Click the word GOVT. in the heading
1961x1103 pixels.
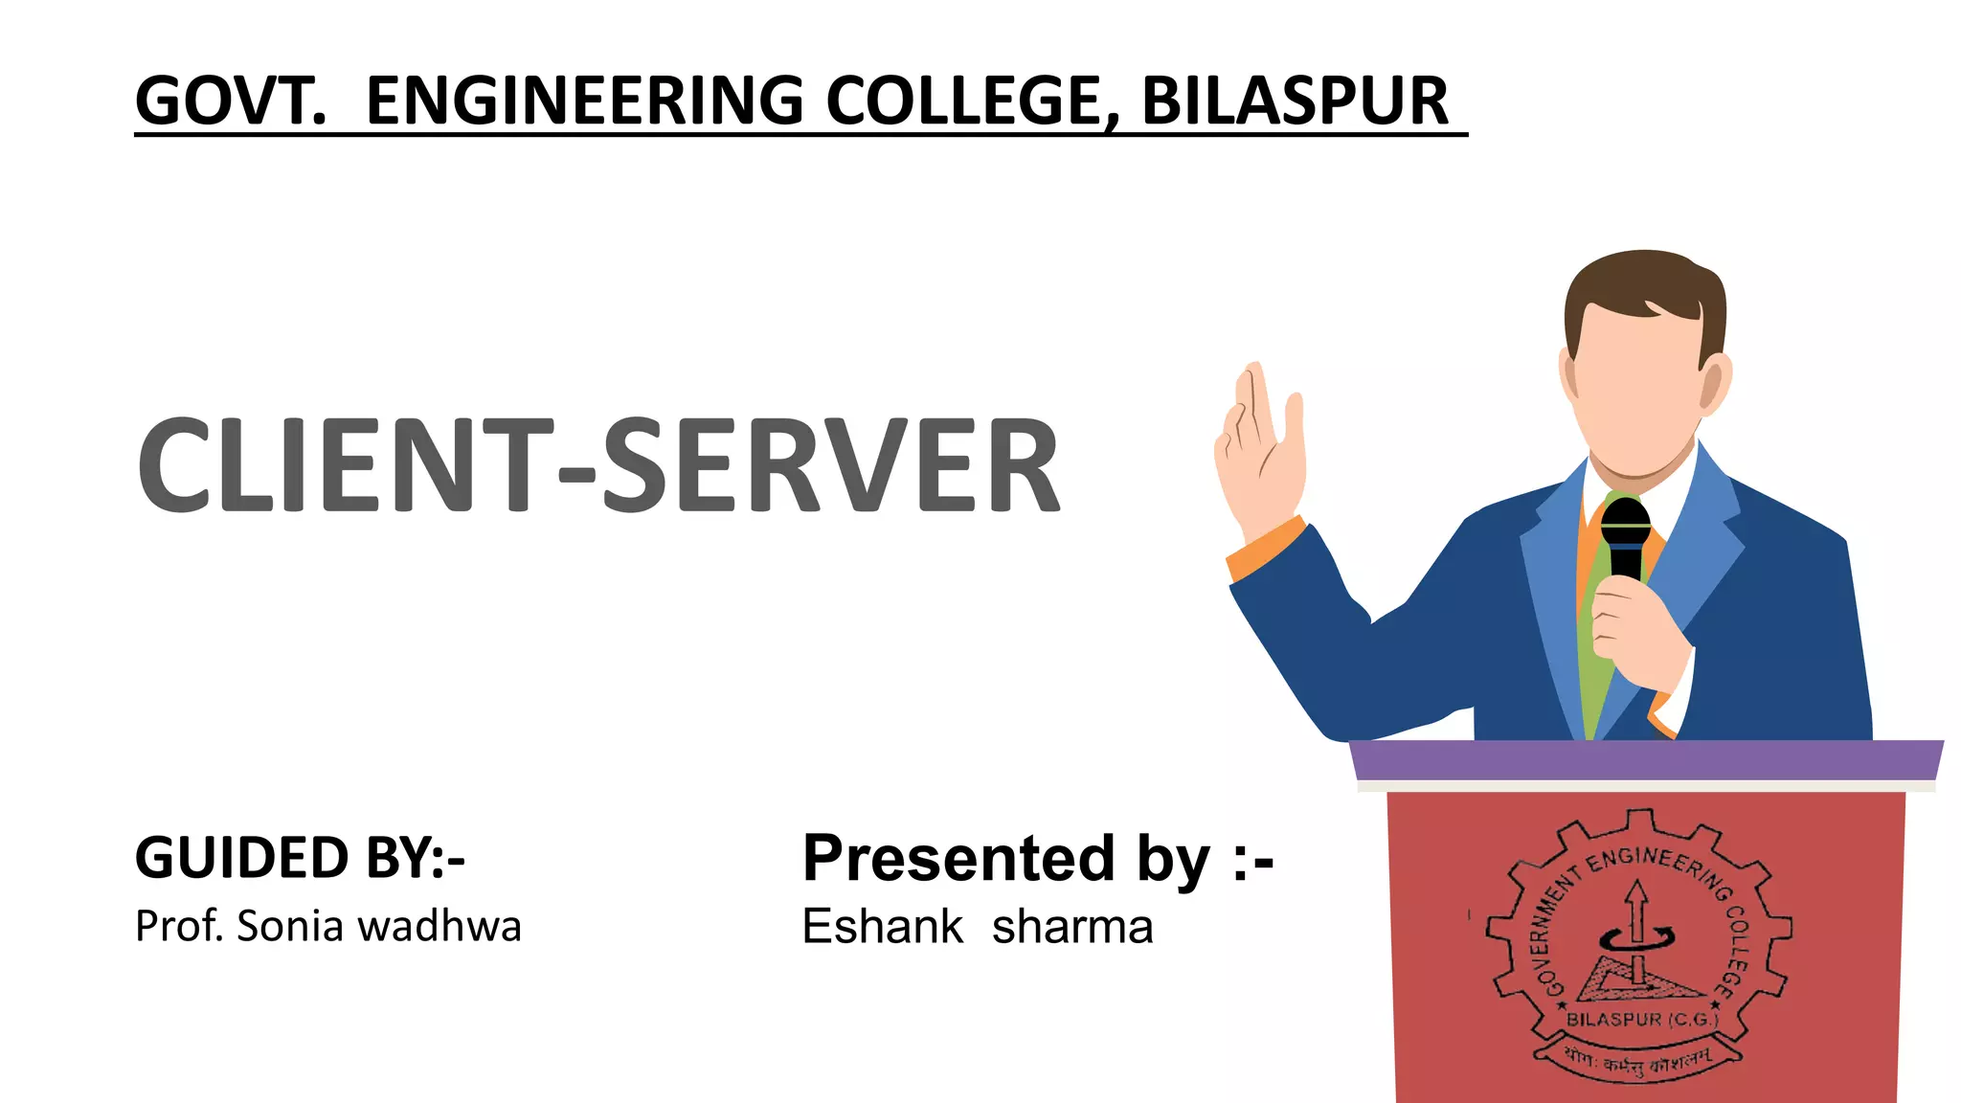click(x=230, y=101)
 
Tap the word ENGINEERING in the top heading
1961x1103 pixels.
click(x=585, y=101)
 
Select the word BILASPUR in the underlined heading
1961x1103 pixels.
click(x=1296, y=101)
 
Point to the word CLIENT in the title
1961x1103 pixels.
click(x=346, y=465)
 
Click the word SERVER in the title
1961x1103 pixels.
click(x=830, y=465)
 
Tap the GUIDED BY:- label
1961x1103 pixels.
click(x=300, y=857)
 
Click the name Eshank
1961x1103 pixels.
click(x=882, y=927)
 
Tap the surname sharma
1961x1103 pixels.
click(x=1072, y=927)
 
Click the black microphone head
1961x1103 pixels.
click(x=1625, y=523)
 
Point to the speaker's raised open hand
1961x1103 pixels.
click(x=1259, y=450)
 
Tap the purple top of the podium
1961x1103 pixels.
click(x=1645, y=760)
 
